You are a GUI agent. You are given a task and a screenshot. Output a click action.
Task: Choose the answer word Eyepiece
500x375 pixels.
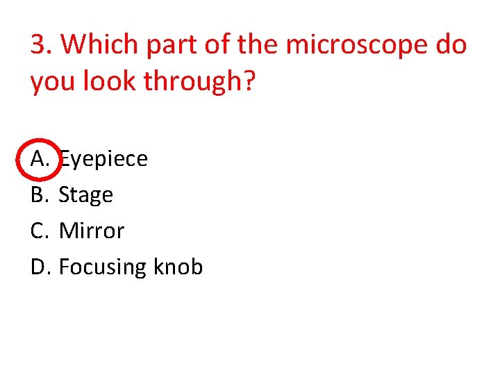click(x=103, y=160)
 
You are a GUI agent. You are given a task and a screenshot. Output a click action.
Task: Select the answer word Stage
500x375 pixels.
click(x=85, y=196)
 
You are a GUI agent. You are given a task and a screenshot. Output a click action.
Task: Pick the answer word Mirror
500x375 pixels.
click(x=92, y=231)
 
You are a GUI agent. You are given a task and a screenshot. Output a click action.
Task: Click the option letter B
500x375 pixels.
click(x=39, y=195)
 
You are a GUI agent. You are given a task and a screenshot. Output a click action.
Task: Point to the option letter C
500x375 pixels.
click(x=39, y=231)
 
